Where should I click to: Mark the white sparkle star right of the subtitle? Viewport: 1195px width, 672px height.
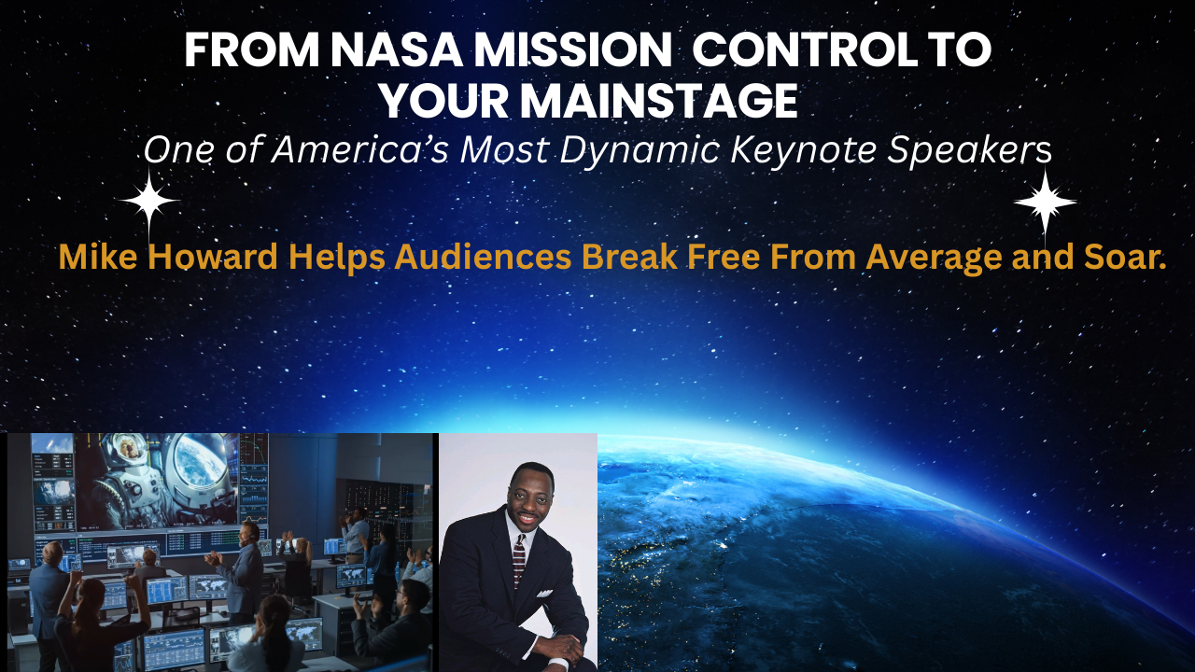point(1045,201)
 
